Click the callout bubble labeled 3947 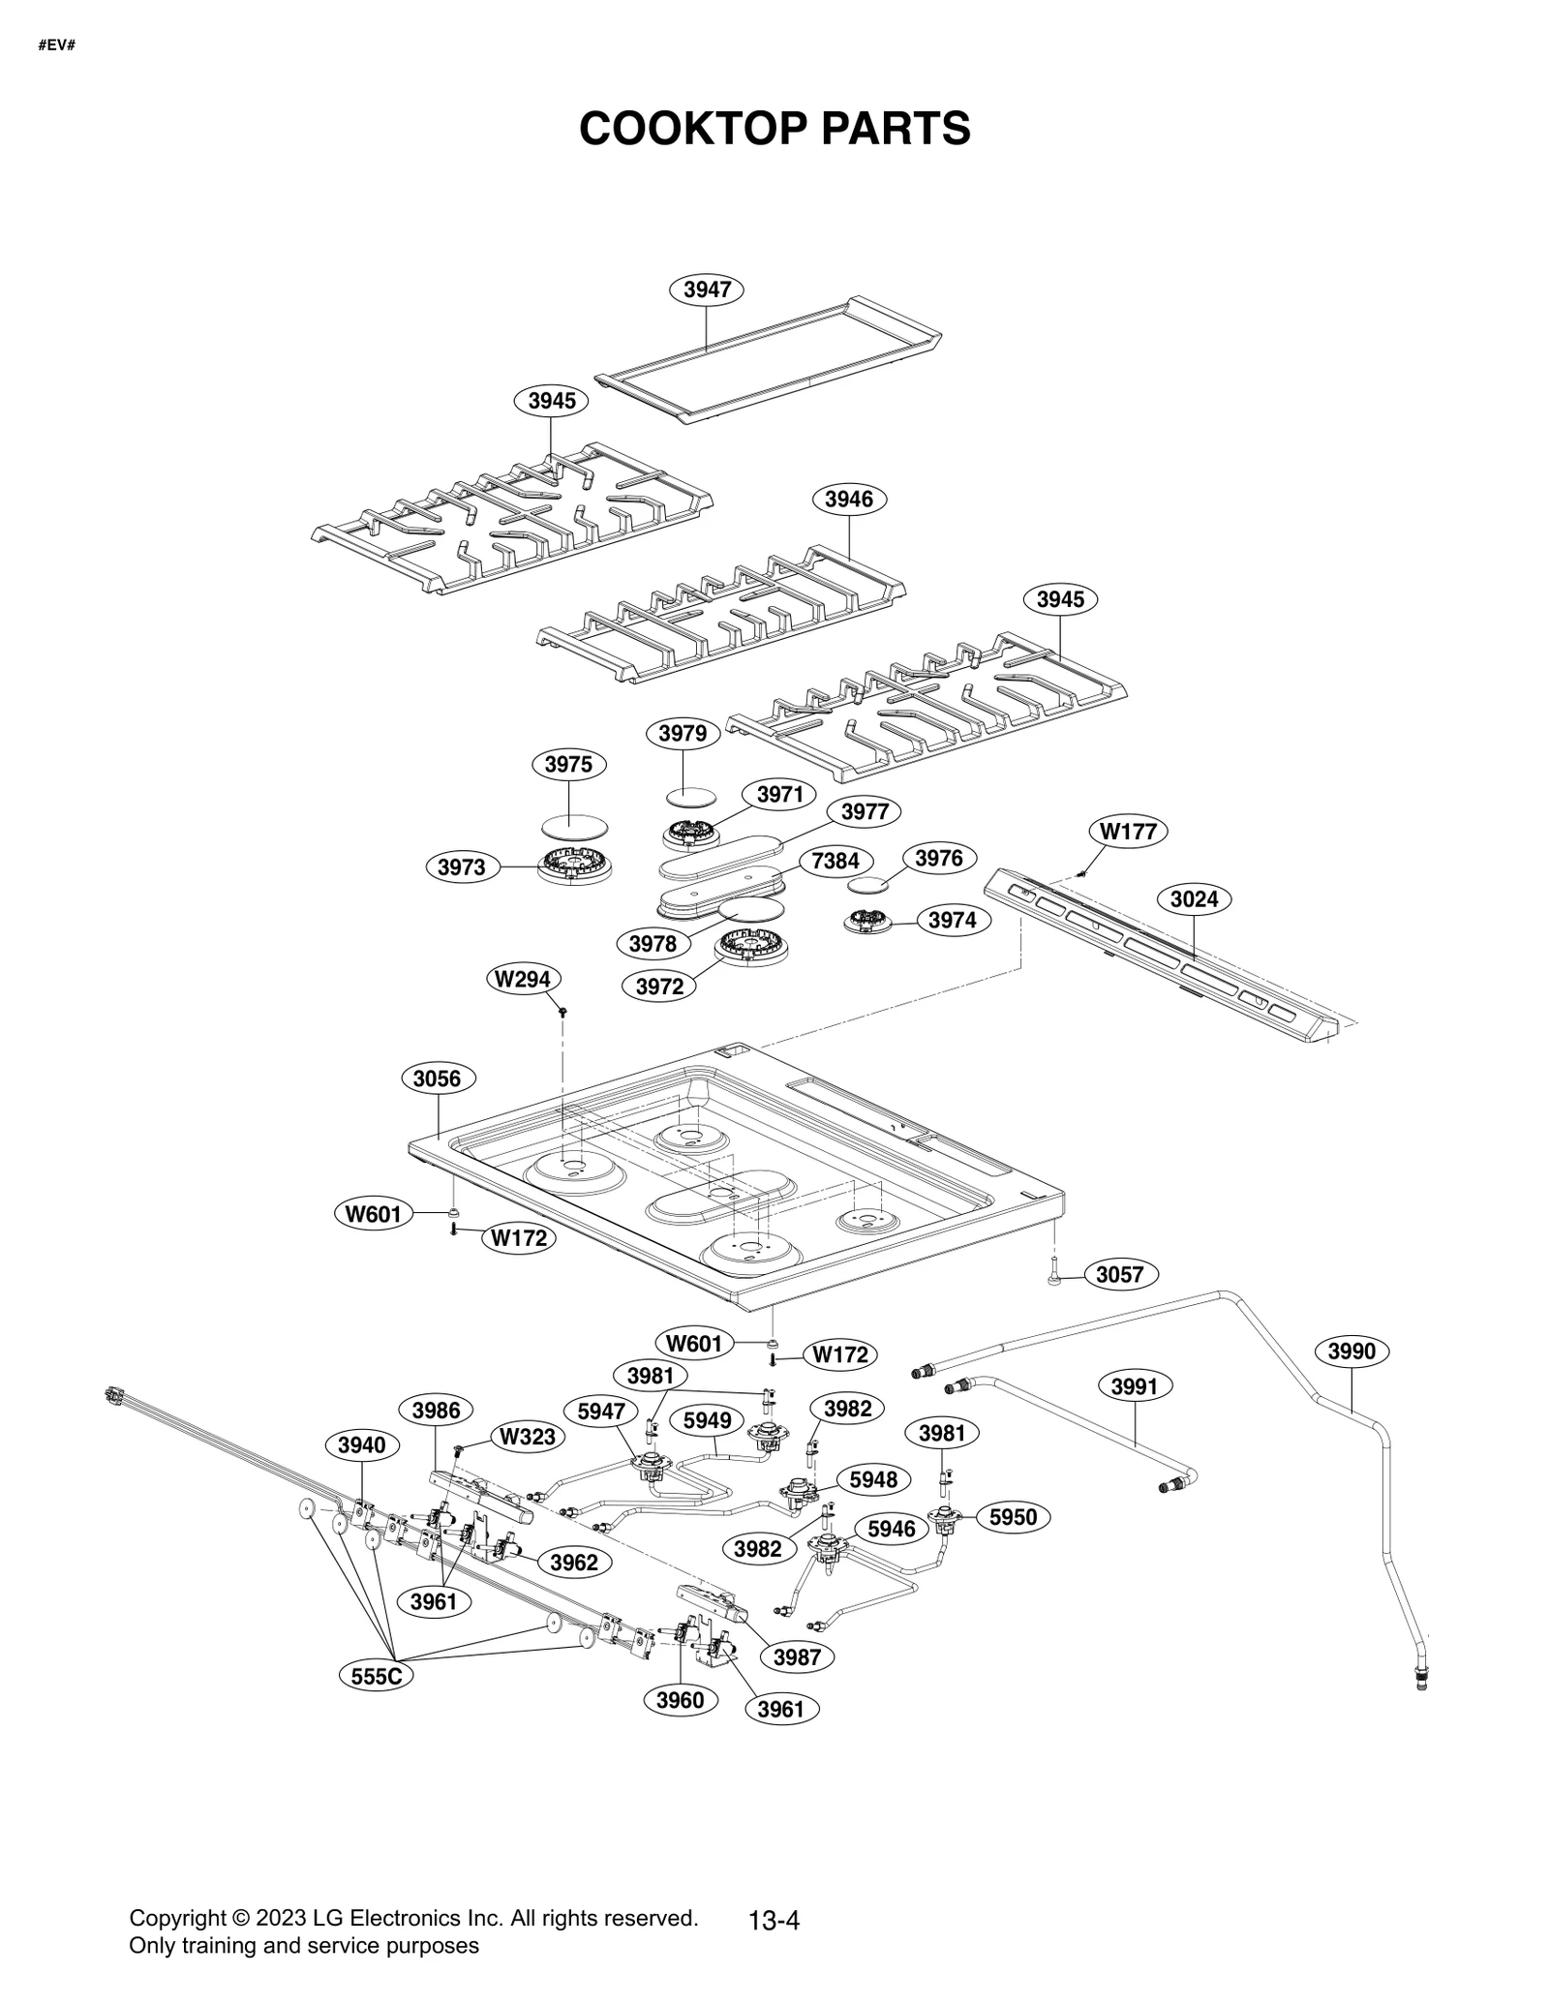707,289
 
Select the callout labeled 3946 849,500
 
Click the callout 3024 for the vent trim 1194,899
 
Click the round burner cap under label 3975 575,825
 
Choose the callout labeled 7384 835,861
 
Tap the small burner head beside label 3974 866,921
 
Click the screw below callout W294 562,1012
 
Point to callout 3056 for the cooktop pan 437,1078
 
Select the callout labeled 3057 1119,1275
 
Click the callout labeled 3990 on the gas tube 1352,1352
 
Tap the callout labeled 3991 1134,1387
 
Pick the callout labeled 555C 376,1676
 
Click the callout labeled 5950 1013,1517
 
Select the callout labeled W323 527,1437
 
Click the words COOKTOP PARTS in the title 774,129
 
